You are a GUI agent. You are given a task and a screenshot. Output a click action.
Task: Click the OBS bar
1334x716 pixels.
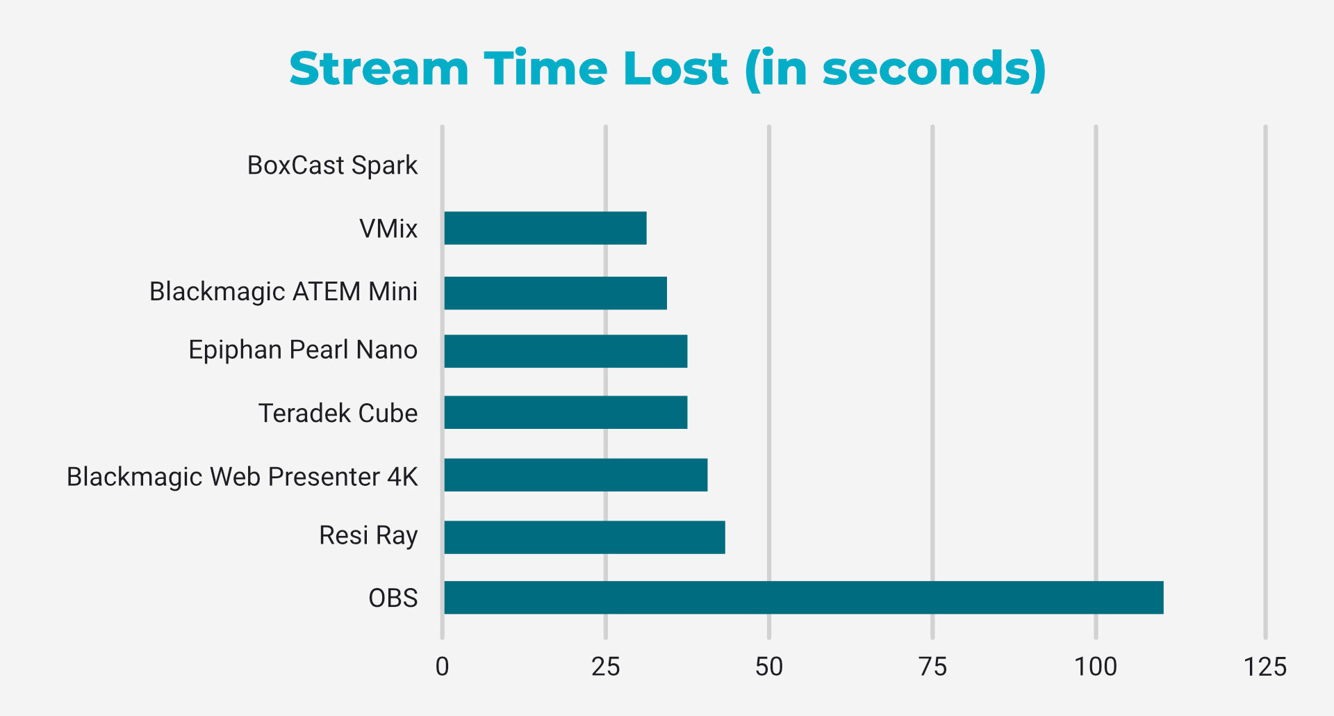[803, 598]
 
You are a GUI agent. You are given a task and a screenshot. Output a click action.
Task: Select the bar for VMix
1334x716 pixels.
[545, 228]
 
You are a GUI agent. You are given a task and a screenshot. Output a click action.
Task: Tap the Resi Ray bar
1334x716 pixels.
[584, 537]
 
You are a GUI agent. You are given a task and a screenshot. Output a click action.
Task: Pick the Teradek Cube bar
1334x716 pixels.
[566, 412]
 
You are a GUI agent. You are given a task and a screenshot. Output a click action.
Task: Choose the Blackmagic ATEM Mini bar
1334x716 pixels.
[555, 293]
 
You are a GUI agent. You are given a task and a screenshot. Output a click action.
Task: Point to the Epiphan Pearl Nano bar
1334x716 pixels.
[566, 351]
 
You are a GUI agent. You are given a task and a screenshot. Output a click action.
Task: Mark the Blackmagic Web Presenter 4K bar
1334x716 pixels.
[575, 475]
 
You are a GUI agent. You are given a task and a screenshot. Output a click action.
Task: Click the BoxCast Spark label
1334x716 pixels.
[332, 165]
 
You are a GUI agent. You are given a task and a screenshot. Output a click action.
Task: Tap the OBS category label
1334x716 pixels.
[393, 598]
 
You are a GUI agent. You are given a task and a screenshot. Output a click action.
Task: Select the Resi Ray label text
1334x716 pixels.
[368, 536]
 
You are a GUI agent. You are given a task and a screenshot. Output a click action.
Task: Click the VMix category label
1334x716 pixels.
[388, 229]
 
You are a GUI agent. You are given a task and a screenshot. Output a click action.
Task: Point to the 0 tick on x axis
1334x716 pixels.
[442, 667]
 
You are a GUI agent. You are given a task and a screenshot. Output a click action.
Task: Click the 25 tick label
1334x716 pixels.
[605, 667]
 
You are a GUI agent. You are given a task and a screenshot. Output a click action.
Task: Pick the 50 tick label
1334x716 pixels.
[768, 667]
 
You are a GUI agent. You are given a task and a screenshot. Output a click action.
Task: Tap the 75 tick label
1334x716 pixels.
[932, 667]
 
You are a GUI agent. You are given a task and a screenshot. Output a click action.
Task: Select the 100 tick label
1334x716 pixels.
[1095, 667]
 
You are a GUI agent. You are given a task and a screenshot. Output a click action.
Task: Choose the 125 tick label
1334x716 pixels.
[1265, 667]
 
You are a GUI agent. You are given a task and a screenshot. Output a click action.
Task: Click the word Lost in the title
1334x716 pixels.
[675, 69]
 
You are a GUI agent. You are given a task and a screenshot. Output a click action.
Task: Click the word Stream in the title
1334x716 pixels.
[379, 69]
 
